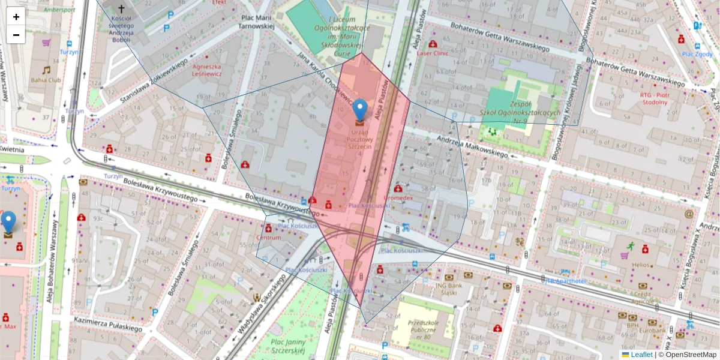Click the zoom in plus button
click(x=16, y=17)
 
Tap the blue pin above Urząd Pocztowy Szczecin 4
click(x=359, y=110)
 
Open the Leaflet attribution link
click(x=641, y=355)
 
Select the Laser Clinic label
click(x=433, y=53)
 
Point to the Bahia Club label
click(x=46, y=79)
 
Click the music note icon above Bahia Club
click(x=46, y=70)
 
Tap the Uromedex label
click(x=398, y=197)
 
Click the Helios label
click(x=640, y=265)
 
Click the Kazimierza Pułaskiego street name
click(x=108, y=325)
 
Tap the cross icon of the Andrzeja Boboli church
click(x=122, y=9)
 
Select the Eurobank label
click(x=652, y=331)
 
